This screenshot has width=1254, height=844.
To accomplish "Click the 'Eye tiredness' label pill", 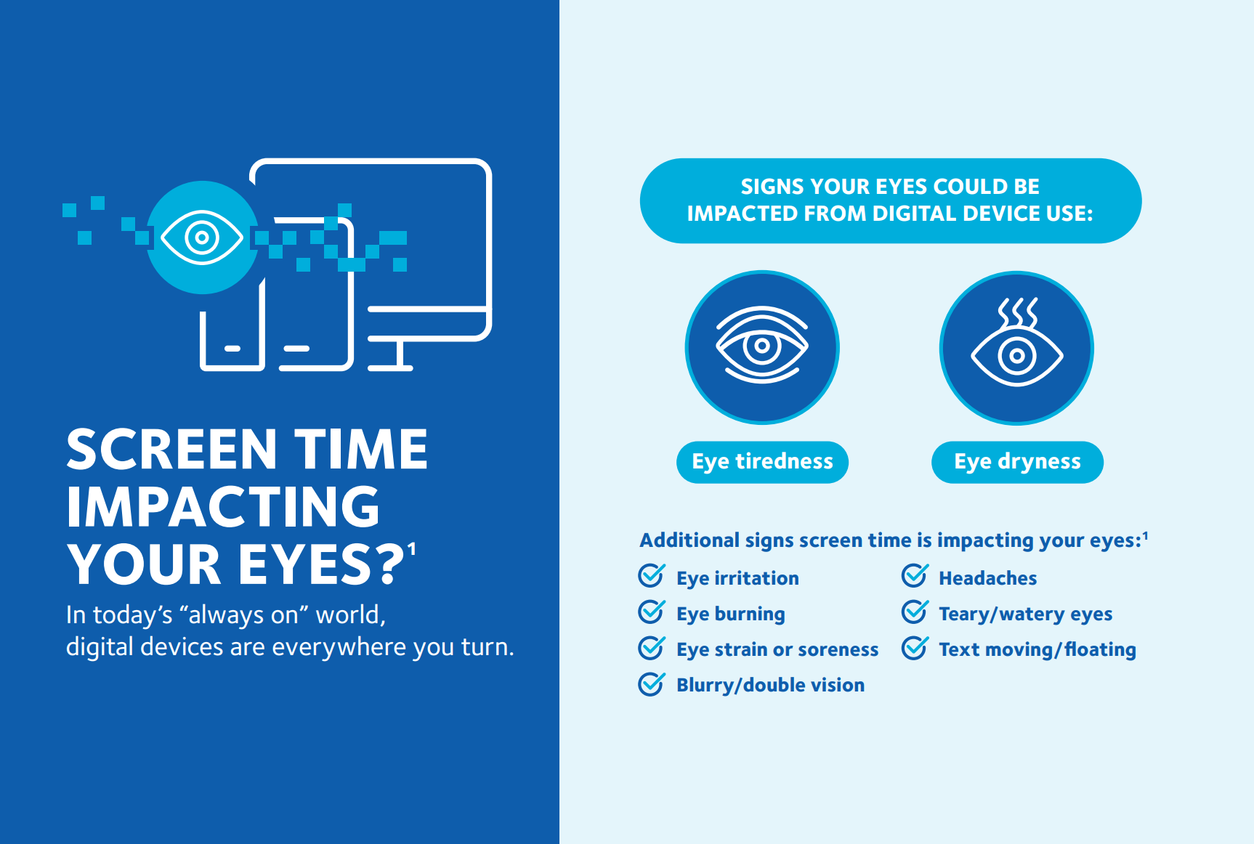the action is point(762,462).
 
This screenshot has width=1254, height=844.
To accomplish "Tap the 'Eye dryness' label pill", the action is point(1017,462).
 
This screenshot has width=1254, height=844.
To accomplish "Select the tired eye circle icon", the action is point(762,347).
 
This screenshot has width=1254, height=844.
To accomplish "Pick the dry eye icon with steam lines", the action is point(1016,347).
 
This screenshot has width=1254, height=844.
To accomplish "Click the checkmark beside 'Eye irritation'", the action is point(651,575).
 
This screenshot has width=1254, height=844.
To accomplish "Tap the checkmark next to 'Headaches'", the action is point(915,575).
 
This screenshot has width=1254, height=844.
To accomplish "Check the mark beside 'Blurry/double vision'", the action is point(651,683).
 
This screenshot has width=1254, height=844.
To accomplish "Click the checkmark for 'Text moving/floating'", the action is point(915,647).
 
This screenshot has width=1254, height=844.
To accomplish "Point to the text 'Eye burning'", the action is point(730,614).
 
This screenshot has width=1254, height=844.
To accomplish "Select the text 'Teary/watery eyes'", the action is point(1025,614).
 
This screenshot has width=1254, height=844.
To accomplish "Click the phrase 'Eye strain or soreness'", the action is point(777,649).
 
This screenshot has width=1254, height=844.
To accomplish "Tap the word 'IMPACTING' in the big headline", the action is point(223,506).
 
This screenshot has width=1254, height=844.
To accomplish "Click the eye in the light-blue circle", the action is point(202,238).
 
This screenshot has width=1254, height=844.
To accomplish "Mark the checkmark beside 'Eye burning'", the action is point(651,611).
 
